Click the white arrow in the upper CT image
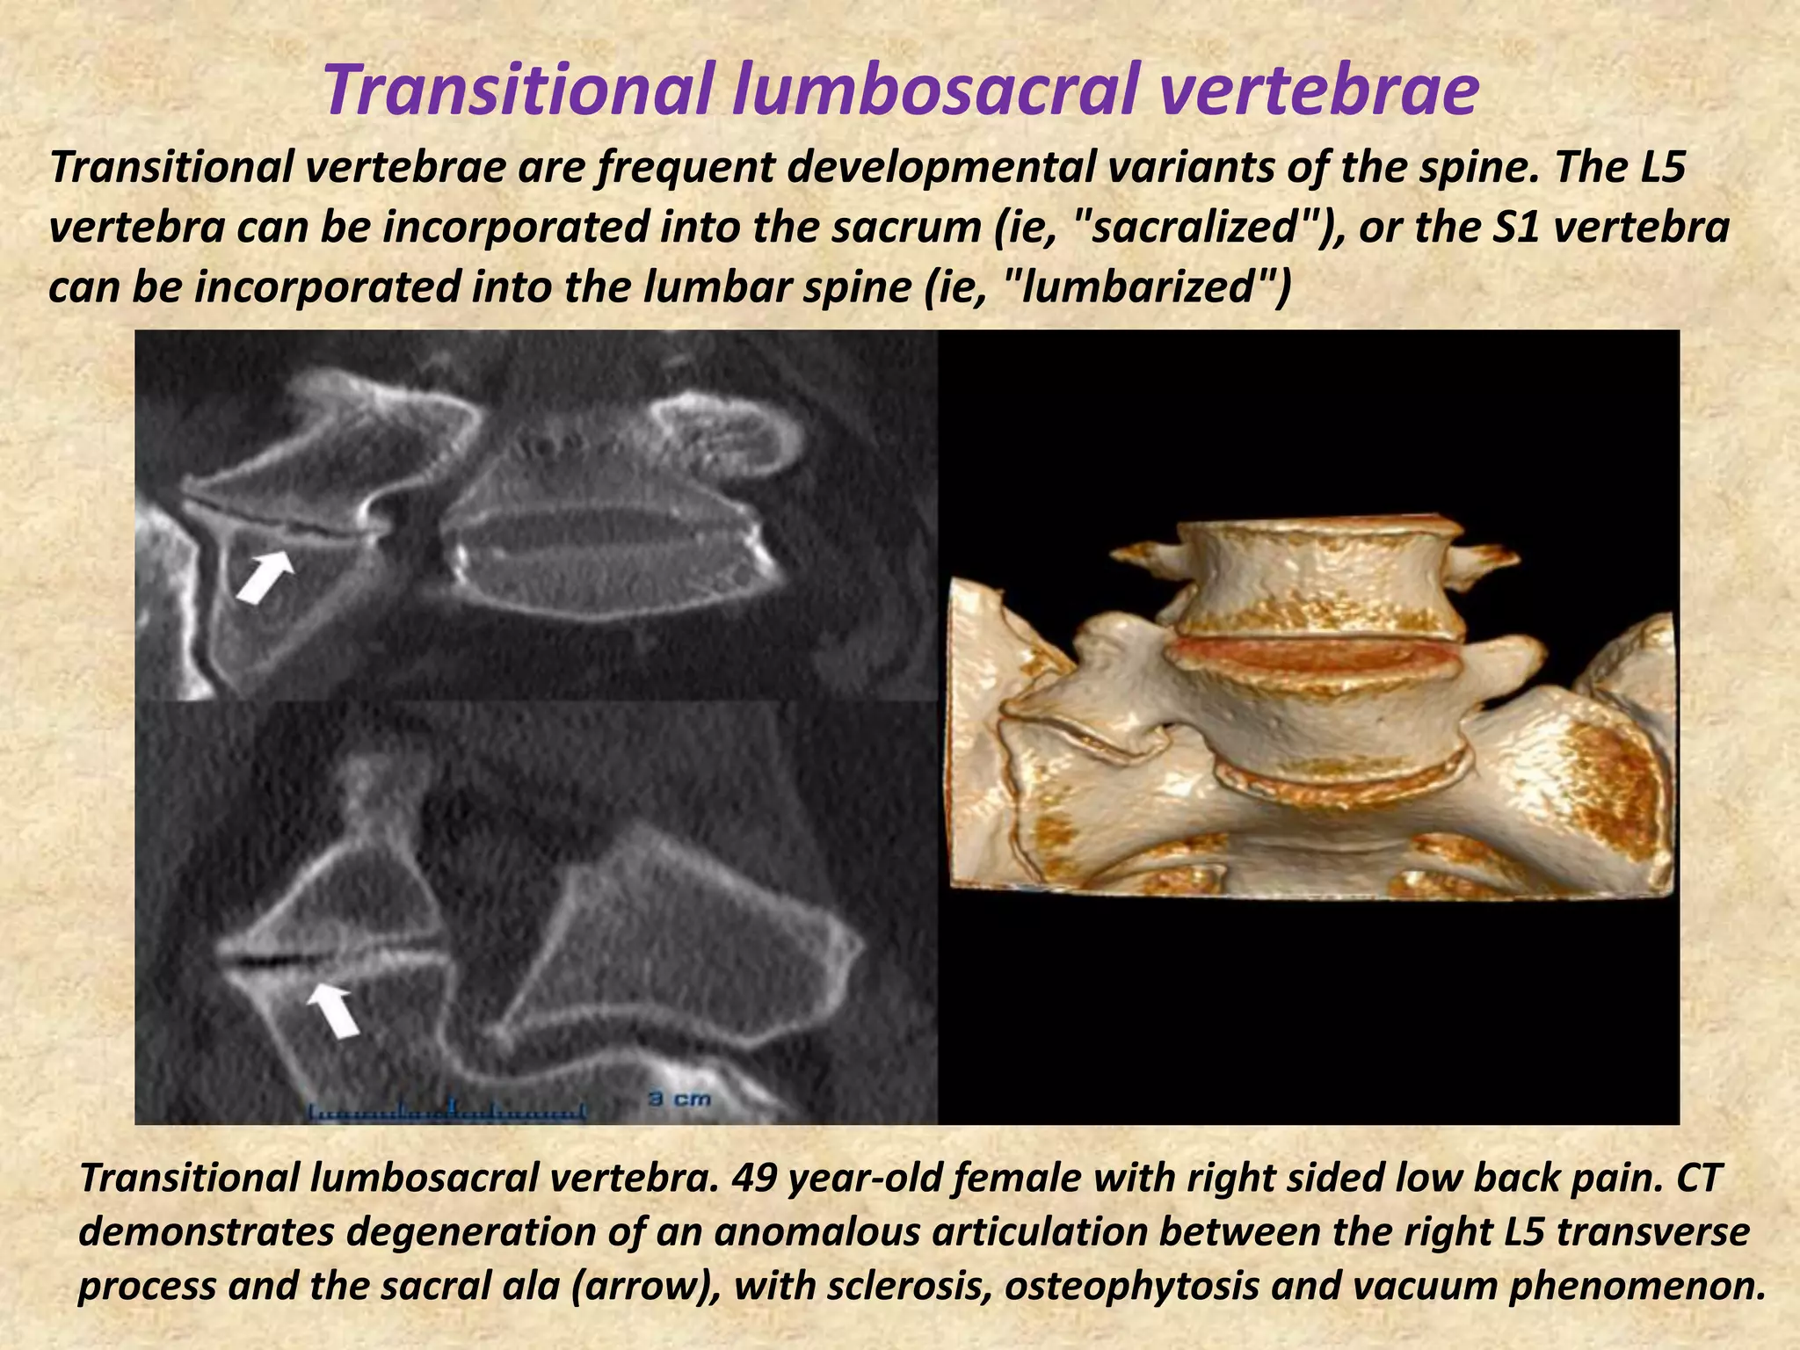coord(266,577)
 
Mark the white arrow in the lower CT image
coord(334,1009)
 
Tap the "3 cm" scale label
coord(679,1099)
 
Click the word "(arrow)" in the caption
coord(643,1286)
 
